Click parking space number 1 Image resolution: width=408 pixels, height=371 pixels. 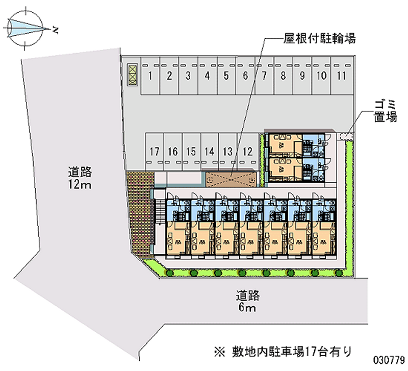(x=150, y=76)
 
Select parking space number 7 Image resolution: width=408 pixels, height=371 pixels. (x=264, y=76)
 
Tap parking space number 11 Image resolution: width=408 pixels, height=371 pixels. (x=342, y=76)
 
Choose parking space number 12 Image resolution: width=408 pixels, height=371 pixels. (x=247, y=152)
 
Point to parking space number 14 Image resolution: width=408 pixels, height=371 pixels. (x=210, y=152)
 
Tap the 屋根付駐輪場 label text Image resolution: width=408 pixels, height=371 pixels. (x=320, y=39)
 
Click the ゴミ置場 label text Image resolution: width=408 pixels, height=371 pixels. (x=386, y=111)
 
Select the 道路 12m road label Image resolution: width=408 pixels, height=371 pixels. (x=80, y=178)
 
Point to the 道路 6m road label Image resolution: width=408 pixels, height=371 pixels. (x=247, y=301)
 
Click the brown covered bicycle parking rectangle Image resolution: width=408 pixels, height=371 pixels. (x=231, y=179)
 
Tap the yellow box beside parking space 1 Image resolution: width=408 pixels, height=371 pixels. (x=133, y=75)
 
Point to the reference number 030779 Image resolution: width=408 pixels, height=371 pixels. (x=389, y=360)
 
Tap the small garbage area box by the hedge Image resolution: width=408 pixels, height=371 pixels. (x=345, y=136)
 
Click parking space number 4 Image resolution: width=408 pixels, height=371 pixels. (x=208, y=76)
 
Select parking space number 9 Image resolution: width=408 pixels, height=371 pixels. (x=302, y=76)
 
